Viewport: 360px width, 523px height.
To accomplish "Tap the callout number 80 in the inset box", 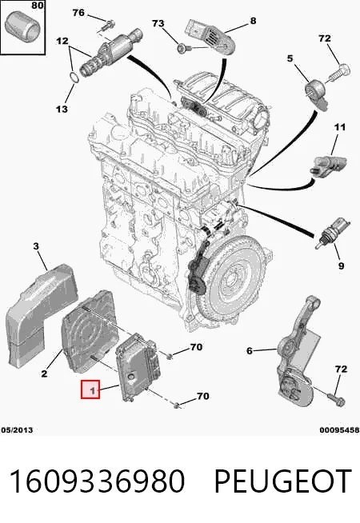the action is (x=38, y=6).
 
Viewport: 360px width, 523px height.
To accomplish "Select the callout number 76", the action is (x=78, y=13).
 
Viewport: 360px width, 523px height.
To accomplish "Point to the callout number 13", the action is (x=62, y=109).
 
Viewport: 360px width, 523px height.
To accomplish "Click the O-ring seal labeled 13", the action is (x=74, y=77).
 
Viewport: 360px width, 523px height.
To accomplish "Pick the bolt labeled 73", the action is (x=182, y=48).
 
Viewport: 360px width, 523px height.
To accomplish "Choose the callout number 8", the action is (x=254, y=21).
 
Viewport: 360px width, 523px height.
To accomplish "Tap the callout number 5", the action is (x=290, y=58).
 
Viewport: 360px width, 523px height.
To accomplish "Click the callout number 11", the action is (x=340, y=127).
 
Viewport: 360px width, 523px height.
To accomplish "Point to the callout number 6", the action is (x=250, y=350).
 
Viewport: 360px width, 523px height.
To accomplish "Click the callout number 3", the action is (x=36, y=246).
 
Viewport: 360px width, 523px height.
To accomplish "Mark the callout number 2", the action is (x=44, y=373).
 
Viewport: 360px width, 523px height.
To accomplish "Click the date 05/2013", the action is (x=17, y=430).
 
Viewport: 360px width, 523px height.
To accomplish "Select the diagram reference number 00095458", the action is (x=339, y=430).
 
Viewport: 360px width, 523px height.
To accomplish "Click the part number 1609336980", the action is (x=97, y=481).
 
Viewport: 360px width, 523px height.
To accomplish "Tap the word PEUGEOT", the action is (x=283, y=481).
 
